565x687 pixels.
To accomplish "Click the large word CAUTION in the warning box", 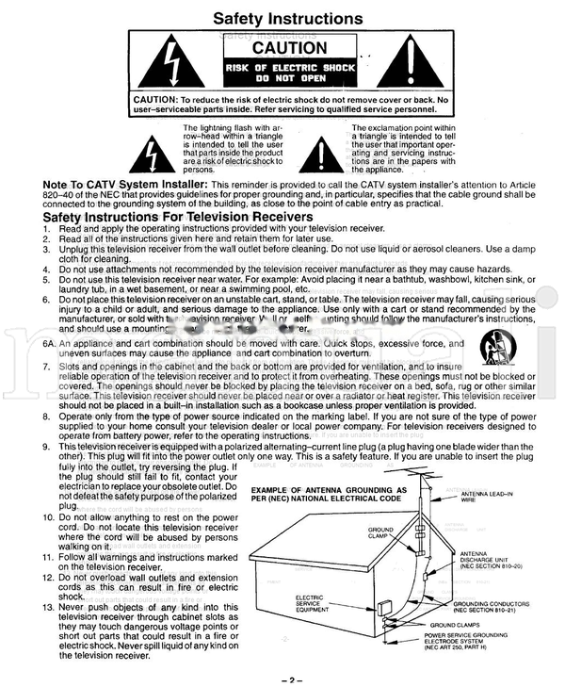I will tap(289, 48).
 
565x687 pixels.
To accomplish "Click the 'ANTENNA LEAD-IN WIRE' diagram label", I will tap(484, 498).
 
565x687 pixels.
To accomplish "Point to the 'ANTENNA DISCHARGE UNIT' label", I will tap(489, 560).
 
